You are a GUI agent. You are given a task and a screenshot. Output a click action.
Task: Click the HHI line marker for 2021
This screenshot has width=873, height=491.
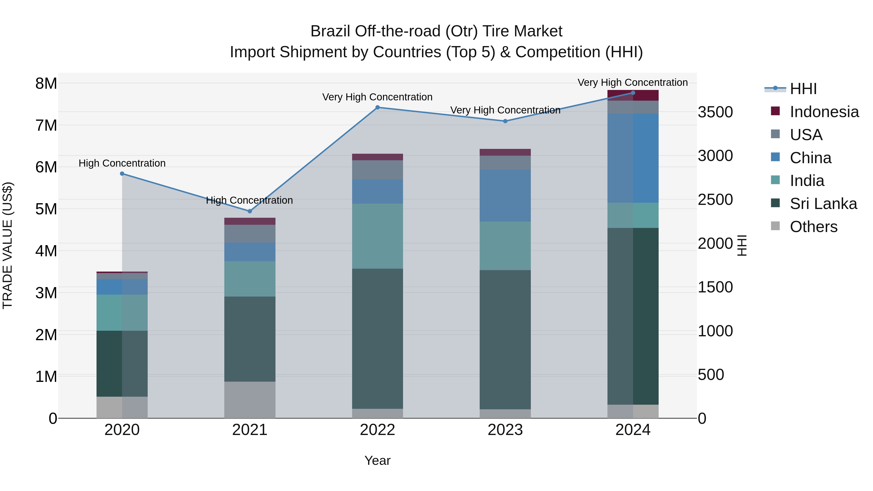pyautogui.click(x=250, y=211)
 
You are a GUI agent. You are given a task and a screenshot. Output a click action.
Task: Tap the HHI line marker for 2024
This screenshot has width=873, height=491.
pyautogui.click(x=633, y=93)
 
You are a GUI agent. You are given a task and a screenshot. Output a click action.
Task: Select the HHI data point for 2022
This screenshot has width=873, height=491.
pyautogui.click(x=378, y=107)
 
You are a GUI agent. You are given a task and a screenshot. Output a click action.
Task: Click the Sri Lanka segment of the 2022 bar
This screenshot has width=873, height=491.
pyautogui.click(x=378, y=339)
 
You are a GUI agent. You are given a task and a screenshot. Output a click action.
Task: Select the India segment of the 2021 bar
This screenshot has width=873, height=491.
pyautogui.click(x=250, y=279)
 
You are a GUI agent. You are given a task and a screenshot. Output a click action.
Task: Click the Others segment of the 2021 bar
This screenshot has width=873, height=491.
pyautogui.click(x=250, y=400)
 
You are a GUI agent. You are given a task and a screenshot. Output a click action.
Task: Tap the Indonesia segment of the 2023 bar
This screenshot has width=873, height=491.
pyautogui.click(x=505, y=152)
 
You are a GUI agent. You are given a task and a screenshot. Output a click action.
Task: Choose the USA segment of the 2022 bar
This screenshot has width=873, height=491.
pyautogui.click(x=378, y=170)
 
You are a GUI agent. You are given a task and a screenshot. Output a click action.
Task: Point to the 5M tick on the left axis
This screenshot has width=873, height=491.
pyautogui.click(x=46, y=209)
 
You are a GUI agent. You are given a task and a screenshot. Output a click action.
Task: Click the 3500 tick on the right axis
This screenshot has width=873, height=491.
pyautogui.click(x=715, y=112)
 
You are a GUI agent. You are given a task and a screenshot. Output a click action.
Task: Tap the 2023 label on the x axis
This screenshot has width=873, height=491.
pyautogui.click(x=505, y=430)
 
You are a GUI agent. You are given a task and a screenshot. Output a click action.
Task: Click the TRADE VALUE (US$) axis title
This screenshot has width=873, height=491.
pyautogui.click(x=8, y=245)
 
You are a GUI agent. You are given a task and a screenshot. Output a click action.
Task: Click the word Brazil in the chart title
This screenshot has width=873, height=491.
pyautogui.click(x=331, y=32)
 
